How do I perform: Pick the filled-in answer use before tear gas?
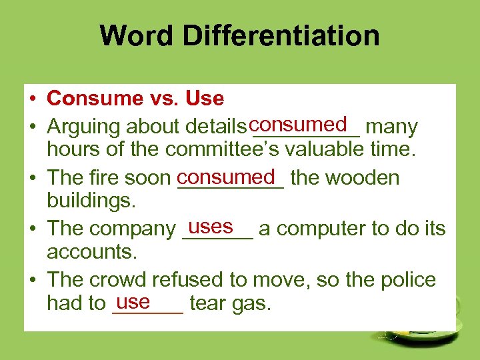pos(133,302)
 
